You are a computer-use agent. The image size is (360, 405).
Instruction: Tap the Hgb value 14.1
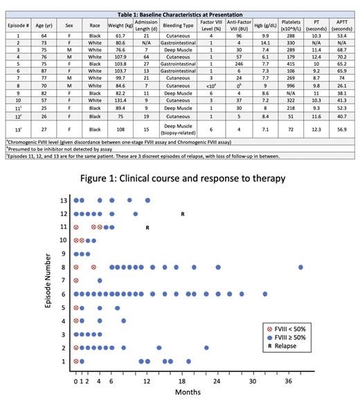coord(263,44)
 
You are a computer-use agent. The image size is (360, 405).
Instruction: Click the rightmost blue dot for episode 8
coord(301,267)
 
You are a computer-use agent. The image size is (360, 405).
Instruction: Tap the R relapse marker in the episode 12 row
coord(182,214)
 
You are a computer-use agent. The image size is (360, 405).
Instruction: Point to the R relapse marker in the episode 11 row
coord(147,227)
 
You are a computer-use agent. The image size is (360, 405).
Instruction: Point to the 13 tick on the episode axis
coord(62,201)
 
